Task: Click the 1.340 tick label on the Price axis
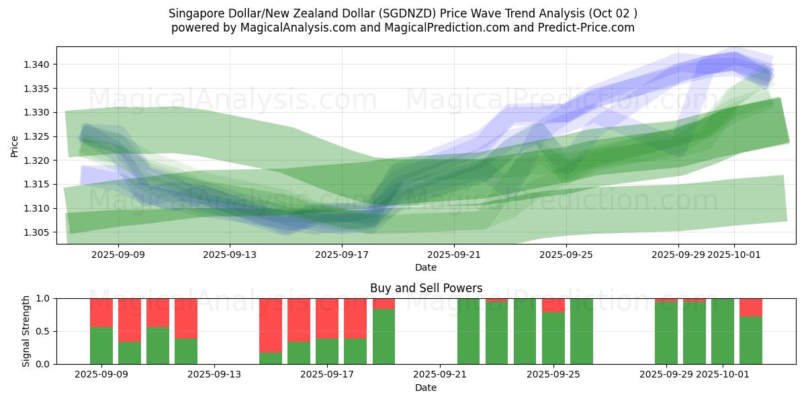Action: tap(38, 64)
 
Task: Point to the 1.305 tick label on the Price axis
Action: tap(38, 232)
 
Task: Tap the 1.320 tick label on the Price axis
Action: tap(38, 161)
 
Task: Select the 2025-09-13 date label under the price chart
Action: tap(230, 255)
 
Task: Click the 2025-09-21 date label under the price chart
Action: tap(454, 255)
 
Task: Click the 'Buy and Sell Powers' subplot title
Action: tap(426, 288)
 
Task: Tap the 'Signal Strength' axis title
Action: tap(26, 331)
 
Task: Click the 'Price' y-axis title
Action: tap(15, 146)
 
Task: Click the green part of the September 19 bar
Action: tap(384, 336)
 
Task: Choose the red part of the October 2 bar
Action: tap(751, 307)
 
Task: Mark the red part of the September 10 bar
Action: tap(130, 320)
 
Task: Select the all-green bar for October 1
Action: tap(723, 331)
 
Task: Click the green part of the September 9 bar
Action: tap(101, 345)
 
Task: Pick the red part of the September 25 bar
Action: tap(553, 305)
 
